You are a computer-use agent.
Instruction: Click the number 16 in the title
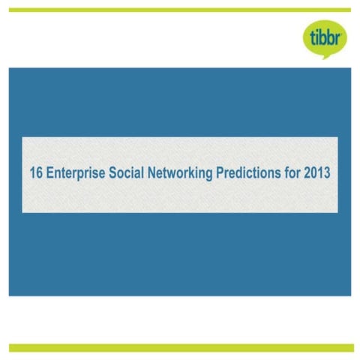tap(34, 172)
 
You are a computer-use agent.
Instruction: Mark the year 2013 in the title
tap(319, 172)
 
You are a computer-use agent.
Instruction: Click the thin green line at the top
tap(180, 10)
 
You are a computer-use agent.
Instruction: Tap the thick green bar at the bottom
tap(180, 347)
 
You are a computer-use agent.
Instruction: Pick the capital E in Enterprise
tap(47, 172)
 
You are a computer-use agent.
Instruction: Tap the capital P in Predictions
tap(220, 172)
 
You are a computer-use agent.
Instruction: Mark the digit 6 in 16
tap(37, 172)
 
